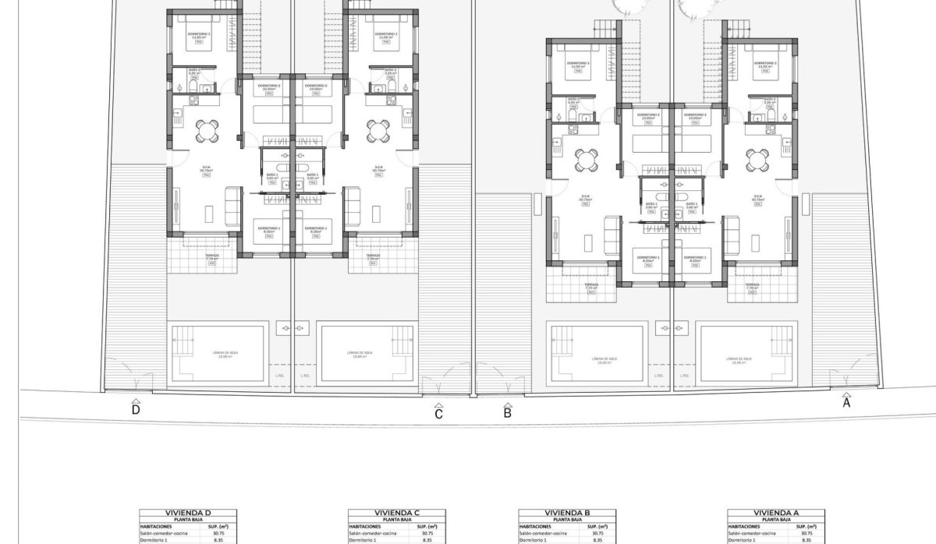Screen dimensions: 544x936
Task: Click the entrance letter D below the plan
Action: coord(136,409)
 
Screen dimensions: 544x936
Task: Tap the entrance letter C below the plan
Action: coord(439,414)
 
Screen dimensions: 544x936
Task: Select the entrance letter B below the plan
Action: coord(507,413)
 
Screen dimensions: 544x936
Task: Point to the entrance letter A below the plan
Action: coord(846,403)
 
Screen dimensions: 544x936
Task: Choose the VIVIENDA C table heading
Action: coord(397,513)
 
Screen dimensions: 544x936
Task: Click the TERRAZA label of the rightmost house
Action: coord(752,285)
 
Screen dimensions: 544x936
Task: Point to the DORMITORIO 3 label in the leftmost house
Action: coord(199,34)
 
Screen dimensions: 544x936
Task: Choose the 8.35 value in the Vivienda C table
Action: coord(427,539)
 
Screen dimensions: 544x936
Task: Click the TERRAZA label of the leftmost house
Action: coord(211,256)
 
